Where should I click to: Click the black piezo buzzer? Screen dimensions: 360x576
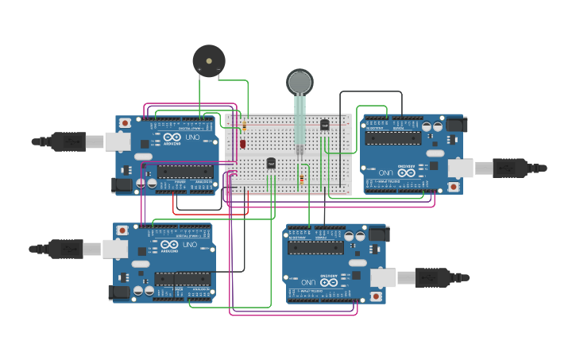pyautogui.click(x=209, y=61)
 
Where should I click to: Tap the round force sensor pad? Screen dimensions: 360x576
pyautogui.click(x=300, y=82)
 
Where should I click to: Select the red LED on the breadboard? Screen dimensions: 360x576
pyautogui.click(x=243, y=144)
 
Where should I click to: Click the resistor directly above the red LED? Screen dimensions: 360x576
pyautogui.click(x=245, y=126)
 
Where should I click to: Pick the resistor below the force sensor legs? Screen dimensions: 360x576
pyautogui.click(x=301, y=179)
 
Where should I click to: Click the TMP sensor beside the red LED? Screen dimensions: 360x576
pyautogui.click(x=271, y=163)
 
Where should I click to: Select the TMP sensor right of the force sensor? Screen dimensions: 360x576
pyautogui.click(x=324, y=124)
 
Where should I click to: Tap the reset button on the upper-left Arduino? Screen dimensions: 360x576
pyautogui.click(x=125, y=123)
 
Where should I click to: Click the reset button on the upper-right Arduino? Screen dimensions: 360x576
pyautogui.click(x=453, y=187)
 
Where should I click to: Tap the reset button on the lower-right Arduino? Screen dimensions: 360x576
pyautogui.click(x=376, y=296)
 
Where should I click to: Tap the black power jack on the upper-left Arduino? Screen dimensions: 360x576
pyautogui.click(x=123, y=184)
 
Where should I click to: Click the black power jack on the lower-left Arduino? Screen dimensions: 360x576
pyautogui.click(x=121, y=292)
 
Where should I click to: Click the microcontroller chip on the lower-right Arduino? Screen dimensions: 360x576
pyautogui.click(x=315, y=248)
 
